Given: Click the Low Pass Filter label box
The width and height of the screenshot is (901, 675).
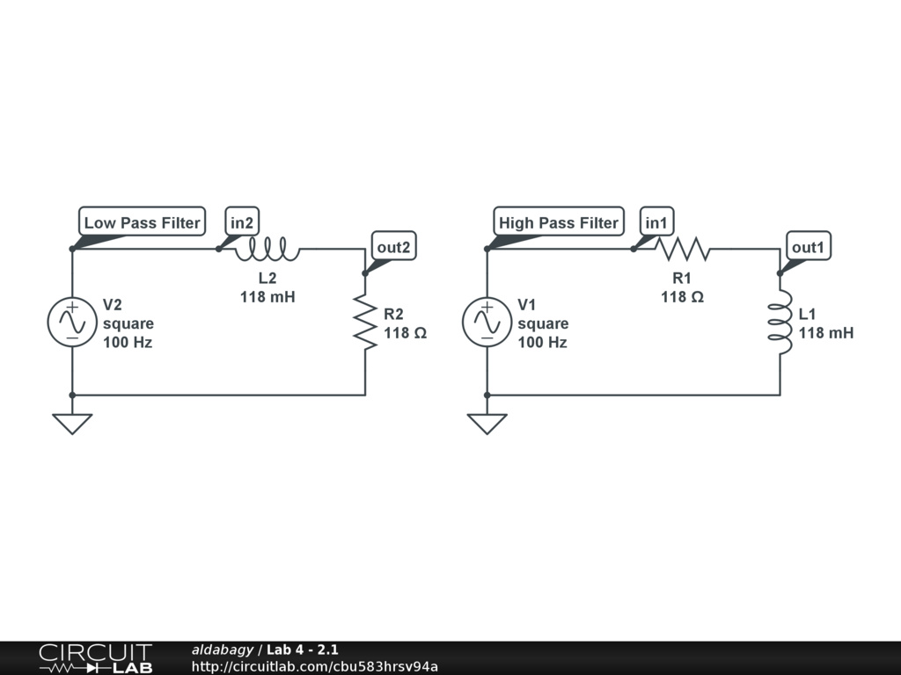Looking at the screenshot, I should (x=142, y=222).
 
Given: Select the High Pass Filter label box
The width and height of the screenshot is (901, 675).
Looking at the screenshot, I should (x=558, y=222).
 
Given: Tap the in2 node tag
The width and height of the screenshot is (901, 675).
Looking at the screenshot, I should (x=242, y=222).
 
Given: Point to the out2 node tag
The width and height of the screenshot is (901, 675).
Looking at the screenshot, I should (x=393, y=247).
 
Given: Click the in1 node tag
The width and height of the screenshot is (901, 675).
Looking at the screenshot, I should (x=656, y=222).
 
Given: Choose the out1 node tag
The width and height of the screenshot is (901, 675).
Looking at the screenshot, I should (x=808, y=247).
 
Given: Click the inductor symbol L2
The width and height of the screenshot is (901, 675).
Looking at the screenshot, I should (x=267, y=250).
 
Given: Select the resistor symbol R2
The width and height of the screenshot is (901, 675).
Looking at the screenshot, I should (x=365, y=322).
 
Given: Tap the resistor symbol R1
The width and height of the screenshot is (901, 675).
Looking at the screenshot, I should (x=683, y=250).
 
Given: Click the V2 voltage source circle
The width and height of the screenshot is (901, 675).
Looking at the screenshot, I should (x=71, y=322).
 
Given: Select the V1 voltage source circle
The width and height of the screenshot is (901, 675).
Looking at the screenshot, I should (x=487, y=322).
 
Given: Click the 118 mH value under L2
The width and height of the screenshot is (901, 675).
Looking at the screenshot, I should (x=267, y=297).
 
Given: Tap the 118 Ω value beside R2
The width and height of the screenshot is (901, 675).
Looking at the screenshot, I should (x=405, y=333).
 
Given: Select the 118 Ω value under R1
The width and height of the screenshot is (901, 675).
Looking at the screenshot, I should (x=682, y=297).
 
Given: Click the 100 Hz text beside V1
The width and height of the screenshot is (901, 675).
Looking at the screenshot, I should (x=542, y=342).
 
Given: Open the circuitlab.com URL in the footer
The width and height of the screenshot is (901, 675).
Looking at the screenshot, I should (x=314, y=666).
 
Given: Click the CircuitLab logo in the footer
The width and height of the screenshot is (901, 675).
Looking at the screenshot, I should (x=95, y=658).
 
